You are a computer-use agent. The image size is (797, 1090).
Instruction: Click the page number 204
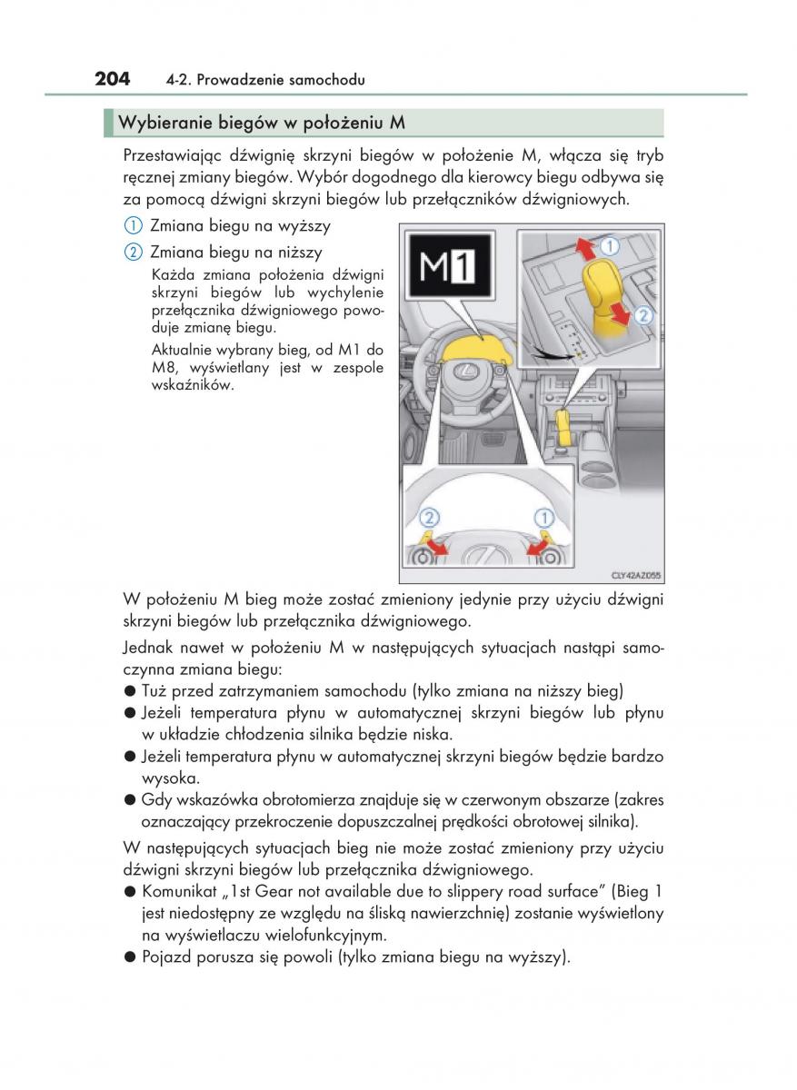point(113,79)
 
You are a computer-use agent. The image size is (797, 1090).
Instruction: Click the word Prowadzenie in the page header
point(237,81)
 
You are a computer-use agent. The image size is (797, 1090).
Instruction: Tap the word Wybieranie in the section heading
point(161,123)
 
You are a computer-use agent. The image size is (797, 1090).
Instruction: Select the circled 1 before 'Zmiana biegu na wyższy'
point(133,226)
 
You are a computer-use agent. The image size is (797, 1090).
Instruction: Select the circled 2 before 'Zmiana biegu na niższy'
point(133,252)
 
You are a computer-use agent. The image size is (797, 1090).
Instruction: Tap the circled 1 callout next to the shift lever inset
point(609,246)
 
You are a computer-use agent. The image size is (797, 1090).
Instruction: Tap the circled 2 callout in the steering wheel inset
point(429,518)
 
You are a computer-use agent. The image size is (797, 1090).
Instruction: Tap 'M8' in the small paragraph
point(164,369)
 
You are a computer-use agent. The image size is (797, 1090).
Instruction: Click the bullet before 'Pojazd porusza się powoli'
point(130,956)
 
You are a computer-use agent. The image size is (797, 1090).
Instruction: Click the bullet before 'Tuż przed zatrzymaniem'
point(130,691)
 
